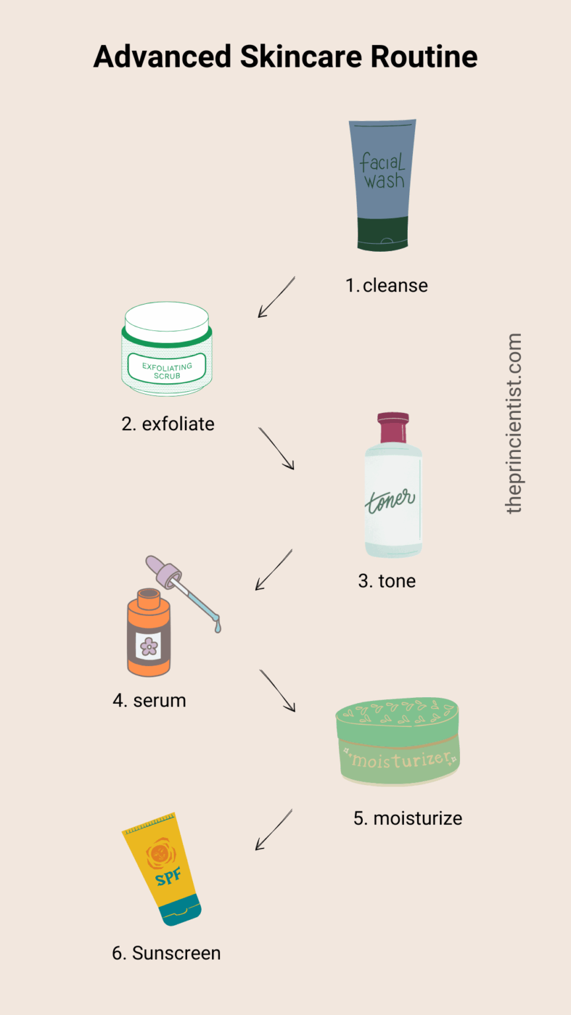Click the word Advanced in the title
click(x=162, y=57)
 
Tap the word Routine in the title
click(x=424, y=57)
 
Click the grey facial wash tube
click(x=383, y=185)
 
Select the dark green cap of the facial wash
click(x=383, y=234)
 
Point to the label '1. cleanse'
click(x=387, y=285)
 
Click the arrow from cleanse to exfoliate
click(x=276, y=297)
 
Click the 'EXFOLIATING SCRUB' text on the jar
click(x=167, y=371)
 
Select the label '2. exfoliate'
click(x=168, y=424)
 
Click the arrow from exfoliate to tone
click(x=276, y=448)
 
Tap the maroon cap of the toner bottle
click(x=393, y=428)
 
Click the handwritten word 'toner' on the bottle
click(x=390, y=501)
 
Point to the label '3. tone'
click(x=387, y=581)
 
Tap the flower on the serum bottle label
click(x=149, y=646)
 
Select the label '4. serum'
click(x=149, y=700)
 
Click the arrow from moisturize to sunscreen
click(x=274, y=830)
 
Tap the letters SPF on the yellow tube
click(x=168, y=877)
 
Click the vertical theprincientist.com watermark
click(x=514, y=424)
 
